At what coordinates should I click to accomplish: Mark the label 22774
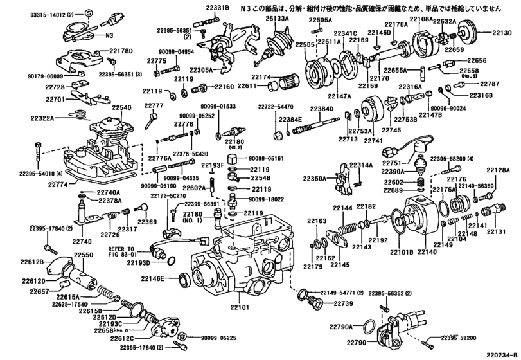click(59, 183)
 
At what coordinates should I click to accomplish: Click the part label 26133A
click(277, 19)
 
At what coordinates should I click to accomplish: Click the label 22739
click(343, 303)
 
